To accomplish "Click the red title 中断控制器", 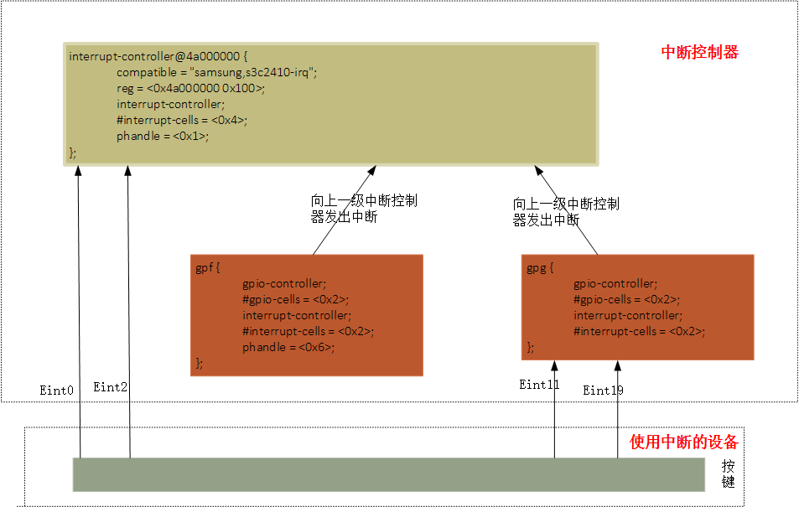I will pyautogui.click(x=699, y=52).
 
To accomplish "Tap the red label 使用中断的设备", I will pyautogui.click(x=683, y=442).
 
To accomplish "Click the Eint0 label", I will pyautogui.click(x=57, y=391).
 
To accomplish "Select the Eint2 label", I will pyautogui.click(x=111, y=387).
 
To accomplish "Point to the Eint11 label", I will pyautogui.click(x=539, y=385).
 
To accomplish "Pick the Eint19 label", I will pyautogui.click(x=604, y=391).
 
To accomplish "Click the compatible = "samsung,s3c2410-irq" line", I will pyautogui.click(x=217, y=72).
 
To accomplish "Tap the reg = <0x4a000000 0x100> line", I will pyautogui.click(x=190, y=88).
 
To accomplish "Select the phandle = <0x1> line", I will pyautogui.click(x=163, y=136).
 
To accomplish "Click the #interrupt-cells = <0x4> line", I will pyautogui.click(x=182, y=120).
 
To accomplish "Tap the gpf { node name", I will pyautogui.click(x=207, y=268).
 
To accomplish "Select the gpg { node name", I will pyautogui.click(x=540, y=268).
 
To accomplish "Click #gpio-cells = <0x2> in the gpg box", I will pyautogui.click(x=626, y=299).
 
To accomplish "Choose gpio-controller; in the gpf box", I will pyautogui.click(x=284, y=283).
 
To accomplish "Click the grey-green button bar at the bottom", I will pyautogui.click(x=388, y=474).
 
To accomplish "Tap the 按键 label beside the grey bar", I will pyautogui.click(x=728, y=474).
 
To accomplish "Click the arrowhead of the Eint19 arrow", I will pyautogui.click(x=619, y=365).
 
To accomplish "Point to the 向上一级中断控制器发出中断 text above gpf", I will pyautogui.click(x=364, y=209).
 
